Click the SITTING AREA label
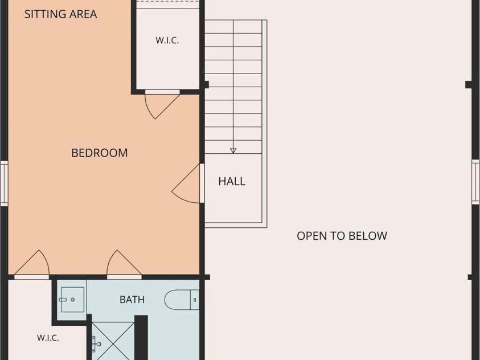tap(60, 14)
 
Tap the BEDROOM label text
tap(100, 153)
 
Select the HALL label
tap(232, 181)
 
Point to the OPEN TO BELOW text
tap(342, 236)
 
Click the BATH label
tap(132, 300)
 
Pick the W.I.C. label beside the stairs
tap(167, 40)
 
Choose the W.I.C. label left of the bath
tap(48, 338)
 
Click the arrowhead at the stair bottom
tap(233, 150)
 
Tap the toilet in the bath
tap(182, 300)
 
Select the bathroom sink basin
tap(72, 300)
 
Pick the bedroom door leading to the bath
tap(124, 264)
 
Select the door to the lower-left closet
tap(32, 264)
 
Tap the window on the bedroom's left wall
tap(4, 183)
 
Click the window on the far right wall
tap(475, 182)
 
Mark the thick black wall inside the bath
tap(141, 338)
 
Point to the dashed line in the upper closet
tap(167, 2)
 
